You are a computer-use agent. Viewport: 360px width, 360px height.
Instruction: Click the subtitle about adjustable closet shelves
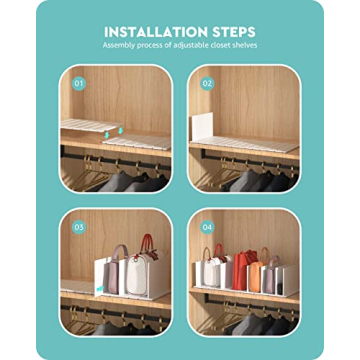pos(180,46)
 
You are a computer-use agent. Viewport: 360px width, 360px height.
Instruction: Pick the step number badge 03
pos(79,227)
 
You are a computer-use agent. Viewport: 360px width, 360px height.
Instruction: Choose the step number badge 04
pos(207,227)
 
